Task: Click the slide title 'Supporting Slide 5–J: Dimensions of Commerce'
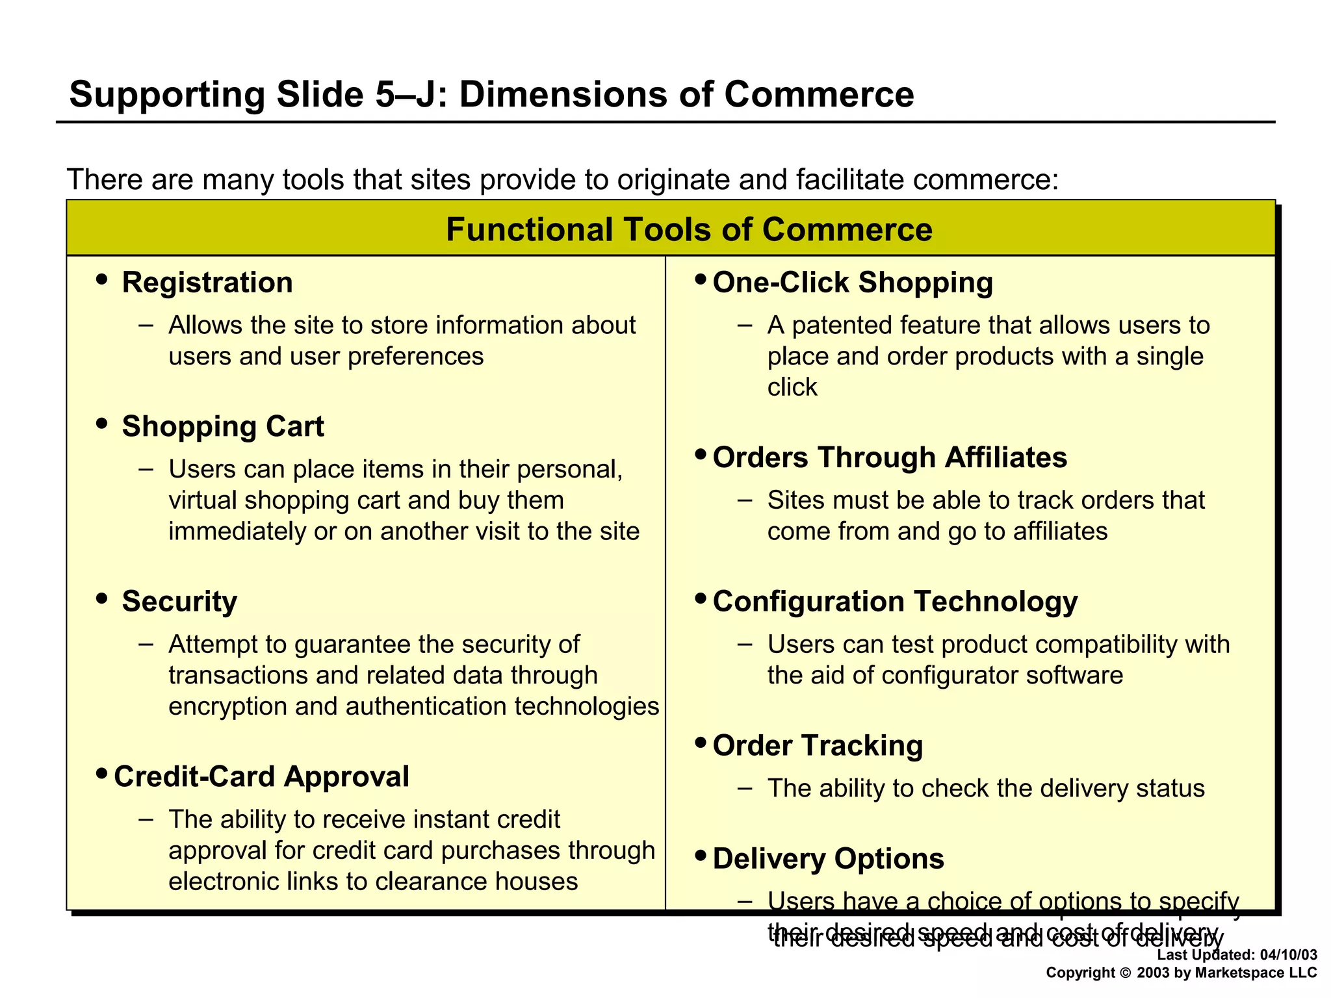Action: point(491,95)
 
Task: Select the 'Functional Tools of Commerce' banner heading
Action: point(689,229)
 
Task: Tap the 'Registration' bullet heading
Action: point(207,283)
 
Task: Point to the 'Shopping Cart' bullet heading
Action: point(223,427)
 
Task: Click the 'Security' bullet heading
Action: point(179,602)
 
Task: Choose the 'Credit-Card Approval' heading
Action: point(261,776)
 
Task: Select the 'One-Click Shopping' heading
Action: point(853,283)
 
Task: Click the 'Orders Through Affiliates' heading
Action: point(890,457)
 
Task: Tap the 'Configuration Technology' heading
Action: point(895,602)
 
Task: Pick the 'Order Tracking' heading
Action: point(818,746)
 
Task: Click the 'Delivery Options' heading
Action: point(828,859)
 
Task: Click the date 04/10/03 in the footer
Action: point(1288,955)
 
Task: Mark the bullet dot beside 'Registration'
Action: point(101,280)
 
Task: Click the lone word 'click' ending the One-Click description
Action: point(792,387)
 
